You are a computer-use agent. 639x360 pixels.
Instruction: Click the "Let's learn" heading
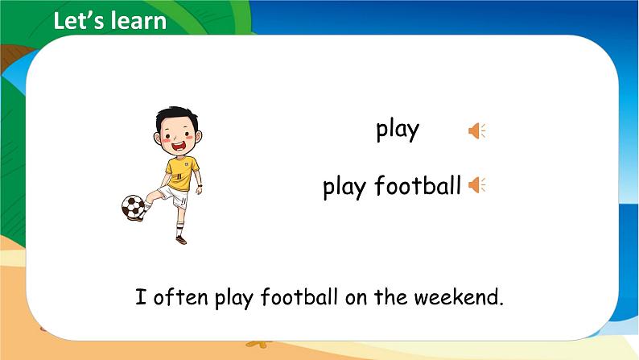[109, 21]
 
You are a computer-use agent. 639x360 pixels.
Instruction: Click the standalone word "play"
[398, 130]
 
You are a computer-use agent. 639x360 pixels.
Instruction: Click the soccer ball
[134, 207]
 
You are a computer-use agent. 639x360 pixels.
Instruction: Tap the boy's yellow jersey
[182, 172]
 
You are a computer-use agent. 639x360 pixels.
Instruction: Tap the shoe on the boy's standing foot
[181, 239]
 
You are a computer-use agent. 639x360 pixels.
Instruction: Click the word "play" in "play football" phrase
[344, 187]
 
